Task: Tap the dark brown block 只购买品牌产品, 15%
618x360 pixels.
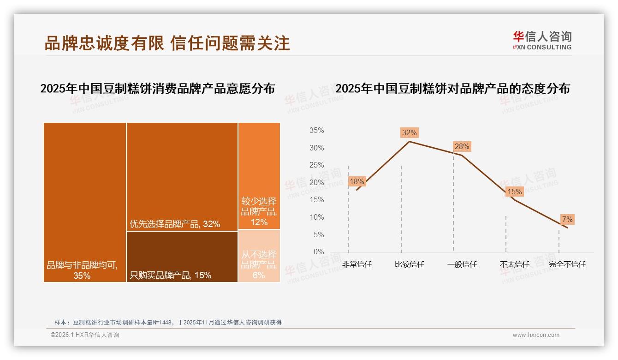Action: tap(182, 256)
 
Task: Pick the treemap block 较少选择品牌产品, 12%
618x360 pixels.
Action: tap(259, 176)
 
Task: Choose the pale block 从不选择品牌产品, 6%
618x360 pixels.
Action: tap(259, 256)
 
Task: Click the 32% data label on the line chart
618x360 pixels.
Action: tap(409, 133)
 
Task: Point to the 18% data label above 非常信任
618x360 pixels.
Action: tap(357, 182)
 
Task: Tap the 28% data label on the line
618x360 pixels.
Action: tap(462, 147)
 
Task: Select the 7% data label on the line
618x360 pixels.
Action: tap(567, 220)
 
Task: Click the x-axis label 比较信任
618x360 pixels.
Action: tap(409, 264)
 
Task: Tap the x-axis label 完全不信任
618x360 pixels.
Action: tap(567, 264)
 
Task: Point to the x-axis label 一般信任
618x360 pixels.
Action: tap(462, 264)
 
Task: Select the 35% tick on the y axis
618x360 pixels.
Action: tap(316, 131)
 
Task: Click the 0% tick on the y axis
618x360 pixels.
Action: tap(319, 252)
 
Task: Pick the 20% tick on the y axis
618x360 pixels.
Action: tap(316, 183)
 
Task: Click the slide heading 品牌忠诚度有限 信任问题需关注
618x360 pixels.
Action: tap(167, 43)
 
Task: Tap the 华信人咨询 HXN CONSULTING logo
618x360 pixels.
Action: tap(542, 41)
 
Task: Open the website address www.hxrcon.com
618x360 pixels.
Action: tap(536, 335)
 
